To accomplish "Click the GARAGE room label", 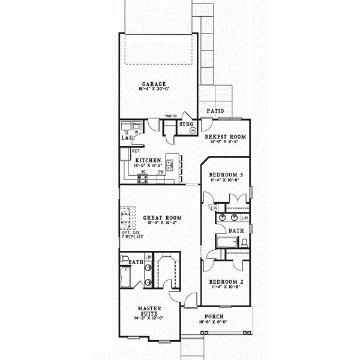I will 154,84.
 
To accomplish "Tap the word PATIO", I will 215,111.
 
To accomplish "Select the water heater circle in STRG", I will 193,129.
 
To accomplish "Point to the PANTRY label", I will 174,118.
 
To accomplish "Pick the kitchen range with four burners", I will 143,178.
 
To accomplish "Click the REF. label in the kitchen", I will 135,152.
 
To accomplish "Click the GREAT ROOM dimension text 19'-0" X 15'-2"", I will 162,224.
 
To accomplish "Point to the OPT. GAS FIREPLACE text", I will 131,234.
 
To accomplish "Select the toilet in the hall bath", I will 245,242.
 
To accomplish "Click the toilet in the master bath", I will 125,260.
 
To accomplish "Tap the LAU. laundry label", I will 126,137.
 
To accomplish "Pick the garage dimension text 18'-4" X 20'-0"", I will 154,90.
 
